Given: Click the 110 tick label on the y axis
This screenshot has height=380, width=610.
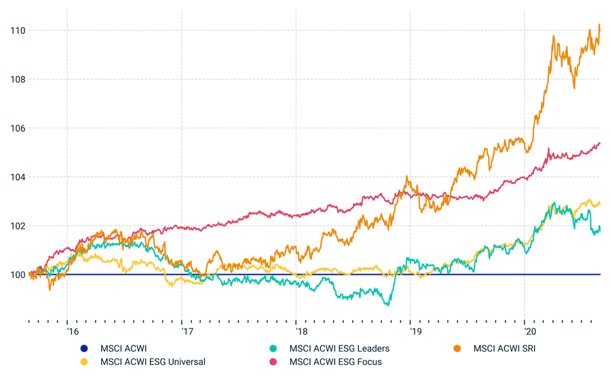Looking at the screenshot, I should click(18, 31).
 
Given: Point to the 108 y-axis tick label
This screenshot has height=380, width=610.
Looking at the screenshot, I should click(18, 79).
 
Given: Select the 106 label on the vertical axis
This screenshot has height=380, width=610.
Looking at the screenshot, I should click(18, 128).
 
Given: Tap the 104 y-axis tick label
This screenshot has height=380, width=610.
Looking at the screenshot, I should click(18, 177).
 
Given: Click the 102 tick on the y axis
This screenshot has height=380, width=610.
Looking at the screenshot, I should click(18, 226).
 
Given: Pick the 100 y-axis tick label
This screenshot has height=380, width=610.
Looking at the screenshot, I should click(18, 275).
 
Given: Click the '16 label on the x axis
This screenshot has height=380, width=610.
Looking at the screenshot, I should click(73, 332).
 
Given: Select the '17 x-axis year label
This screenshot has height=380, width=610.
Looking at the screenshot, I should click(187, 332).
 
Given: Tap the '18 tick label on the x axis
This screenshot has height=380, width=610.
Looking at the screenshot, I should click(302, 332).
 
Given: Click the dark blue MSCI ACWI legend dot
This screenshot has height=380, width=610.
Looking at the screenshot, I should click(84, 349).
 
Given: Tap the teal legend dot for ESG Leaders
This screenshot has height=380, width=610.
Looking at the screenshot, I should click(273, 349).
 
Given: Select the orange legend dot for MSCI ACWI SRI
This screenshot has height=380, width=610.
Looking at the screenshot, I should click(457, 349).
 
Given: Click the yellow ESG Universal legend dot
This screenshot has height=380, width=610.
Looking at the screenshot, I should click(84, 362).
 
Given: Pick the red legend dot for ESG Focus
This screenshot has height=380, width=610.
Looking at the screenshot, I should click(273, 362).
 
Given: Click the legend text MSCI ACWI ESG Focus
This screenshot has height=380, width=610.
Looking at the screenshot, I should click(335, 362).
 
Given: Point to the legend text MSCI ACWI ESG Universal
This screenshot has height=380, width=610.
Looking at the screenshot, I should click(153, 362).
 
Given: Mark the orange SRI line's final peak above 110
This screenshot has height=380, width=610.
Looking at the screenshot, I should click(599, 25).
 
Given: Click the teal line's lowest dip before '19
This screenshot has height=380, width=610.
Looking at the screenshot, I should click(387, 305).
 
